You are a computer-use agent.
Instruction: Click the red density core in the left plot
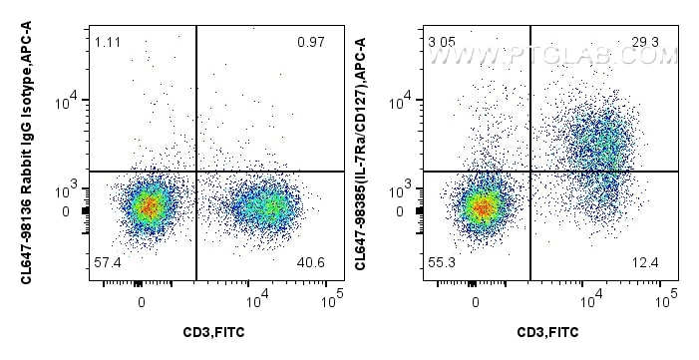[x=148, y=207]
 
